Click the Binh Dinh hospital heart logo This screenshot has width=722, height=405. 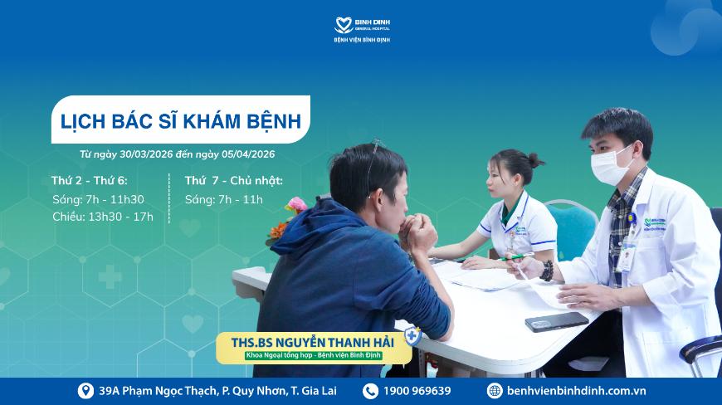point(343,25)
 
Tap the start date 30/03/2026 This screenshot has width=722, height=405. point(146,154)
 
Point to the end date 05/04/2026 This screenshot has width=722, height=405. point(248,154)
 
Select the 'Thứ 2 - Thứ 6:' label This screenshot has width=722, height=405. point(90,180)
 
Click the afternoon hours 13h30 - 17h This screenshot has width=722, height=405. point(120,217)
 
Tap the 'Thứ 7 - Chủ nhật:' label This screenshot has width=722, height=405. point(234,180)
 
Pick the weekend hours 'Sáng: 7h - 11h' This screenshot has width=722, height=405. point(224,200)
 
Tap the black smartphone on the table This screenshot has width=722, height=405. point(557,322)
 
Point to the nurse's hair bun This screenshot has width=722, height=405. point(535,161)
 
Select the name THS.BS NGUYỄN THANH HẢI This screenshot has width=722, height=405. point(312,343)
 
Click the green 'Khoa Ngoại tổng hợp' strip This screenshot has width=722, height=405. point(313,356)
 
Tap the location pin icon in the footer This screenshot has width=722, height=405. point(85,391)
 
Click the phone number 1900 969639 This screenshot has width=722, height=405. point(417,391)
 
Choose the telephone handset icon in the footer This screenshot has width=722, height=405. point(370,391)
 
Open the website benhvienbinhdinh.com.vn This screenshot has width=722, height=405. point(576,391)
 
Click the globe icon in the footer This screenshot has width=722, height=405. point(495,391)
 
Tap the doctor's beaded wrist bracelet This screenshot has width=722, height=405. point(547,271)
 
